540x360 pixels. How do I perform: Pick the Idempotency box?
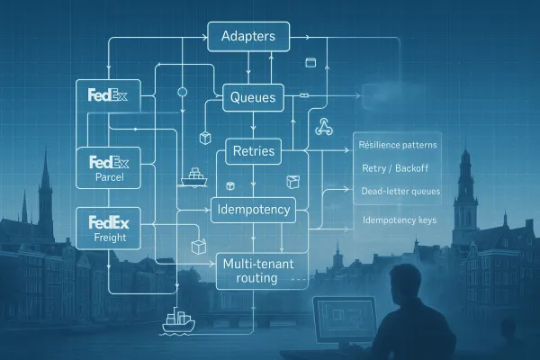[254, 211]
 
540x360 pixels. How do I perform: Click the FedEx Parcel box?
[109, 167]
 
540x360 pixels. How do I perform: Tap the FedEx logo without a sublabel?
[109, 95]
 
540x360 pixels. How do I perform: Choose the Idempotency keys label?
[393, 220]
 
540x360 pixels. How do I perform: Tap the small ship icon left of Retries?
[193, 177]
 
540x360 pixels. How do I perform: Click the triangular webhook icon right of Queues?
[325, 128]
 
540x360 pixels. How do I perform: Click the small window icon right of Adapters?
[312, 62]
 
